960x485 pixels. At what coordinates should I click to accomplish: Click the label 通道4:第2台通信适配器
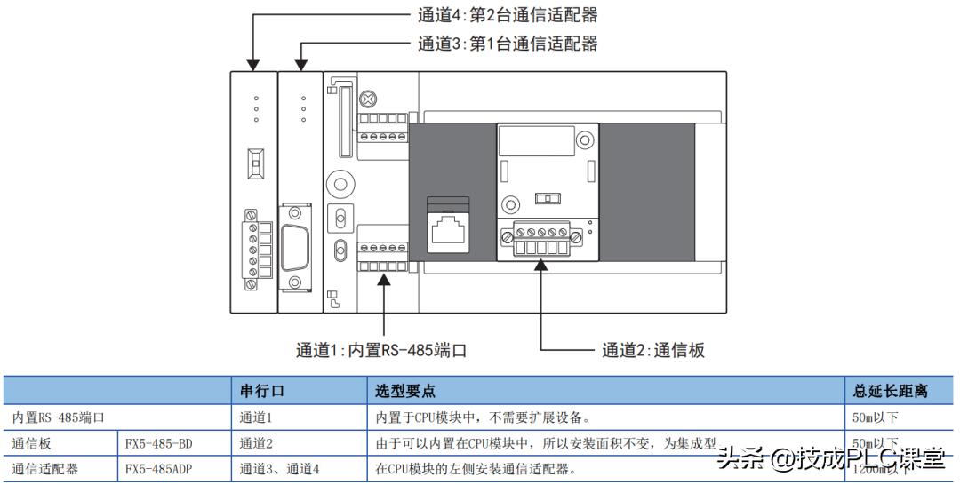pos(507,14)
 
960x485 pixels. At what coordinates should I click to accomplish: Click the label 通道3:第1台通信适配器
pos(507,43)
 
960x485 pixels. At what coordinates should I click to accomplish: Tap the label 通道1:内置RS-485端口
pos(381,350)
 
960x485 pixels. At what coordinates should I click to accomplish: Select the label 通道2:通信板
pos(652,350)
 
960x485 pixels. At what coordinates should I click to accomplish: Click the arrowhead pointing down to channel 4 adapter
pos(253,63)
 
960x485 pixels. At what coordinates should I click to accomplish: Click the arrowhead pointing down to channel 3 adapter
pos(301,63)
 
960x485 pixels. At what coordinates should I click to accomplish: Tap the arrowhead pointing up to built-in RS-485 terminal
pos(383,279)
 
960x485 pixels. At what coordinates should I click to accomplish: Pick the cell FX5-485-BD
pos(158,442)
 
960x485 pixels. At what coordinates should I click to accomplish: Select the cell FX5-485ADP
pos(158,468)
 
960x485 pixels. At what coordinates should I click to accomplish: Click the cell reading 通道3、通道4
pos(279,468)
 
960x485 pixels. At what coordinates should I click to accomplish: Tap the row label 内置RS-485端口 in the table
pos(57,417)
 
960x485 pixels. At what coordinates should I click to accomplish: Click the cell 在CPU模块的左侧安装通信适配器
pos(476,468)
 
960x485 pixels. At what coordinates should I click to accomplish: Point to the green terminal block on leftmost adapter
pos(253,249)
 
